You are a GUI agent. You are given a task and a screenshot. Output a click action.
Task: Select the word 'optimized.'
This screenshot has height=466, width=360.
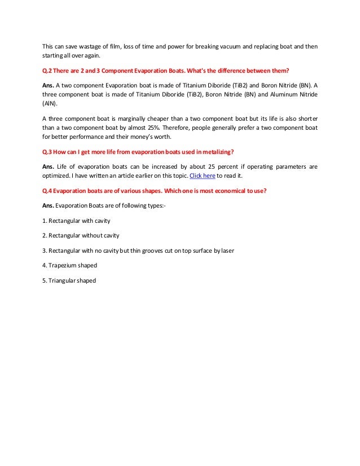pyautogui.click(x=58, y=176)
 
